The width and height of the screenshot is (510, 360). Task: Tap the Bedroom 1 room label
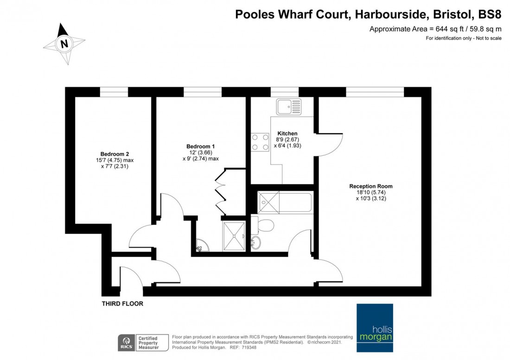(x=200, y=146)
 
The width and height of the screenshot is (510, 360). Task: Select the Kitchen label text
(x=287, y=133)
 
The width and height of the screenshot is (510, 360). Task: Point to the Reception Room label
(x=370, y=186)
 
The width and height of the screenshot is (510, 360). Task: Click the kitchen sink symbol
(x=289, y=107)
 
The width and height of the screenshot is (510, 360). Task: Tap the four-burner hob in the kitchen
(x=260, y=142)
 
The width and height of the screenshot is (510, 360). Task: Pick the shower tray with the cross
(x=236, y=236)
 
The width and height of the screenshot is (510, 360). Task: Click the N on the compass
(x=64, y=44)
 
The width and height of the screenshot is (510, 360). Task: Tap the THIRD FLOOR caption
(x=122, y=304)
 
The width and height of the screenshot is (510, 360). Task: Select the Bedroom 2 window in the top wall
(x=114, y=92)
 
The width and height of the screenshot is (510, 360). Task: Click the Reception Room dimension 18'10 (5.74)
(x=370, y=192)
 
